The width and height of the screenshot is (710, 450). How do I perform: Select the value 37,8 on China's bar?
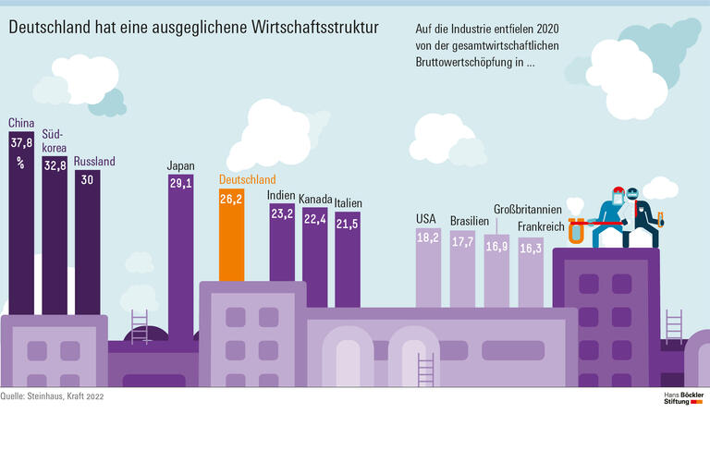click(x=21, y=143)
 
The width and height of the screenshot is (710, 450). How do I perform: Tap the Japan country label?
click(x=180, y=166)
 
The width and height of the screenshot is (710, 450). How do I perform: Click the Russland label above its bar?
click(x=94, y=162)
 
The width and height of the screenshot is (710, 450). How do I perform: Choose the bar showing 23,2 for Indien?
click(x=282, y=249)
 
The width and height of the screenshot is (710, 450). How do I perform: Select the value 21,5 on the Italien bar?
click(x=348, y=225)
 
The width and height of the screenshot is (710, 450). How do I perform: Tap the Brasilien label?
click(x=469, y=222)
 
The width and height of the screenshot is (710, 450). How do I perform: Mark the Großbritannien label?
click(x=531, y=210)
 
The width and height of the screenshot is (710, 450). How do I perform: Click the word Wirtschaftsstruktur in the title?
click(x=314, y=27)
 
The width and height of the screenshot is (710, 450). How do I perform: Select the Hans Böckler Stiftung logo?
click(x=684, y=398)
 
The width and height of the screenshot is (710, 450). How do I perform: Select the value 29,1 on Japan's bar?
click(x=180, y=184)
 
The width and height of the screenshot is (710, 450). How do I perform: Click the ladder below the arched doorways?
click(x=425, y=370)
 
